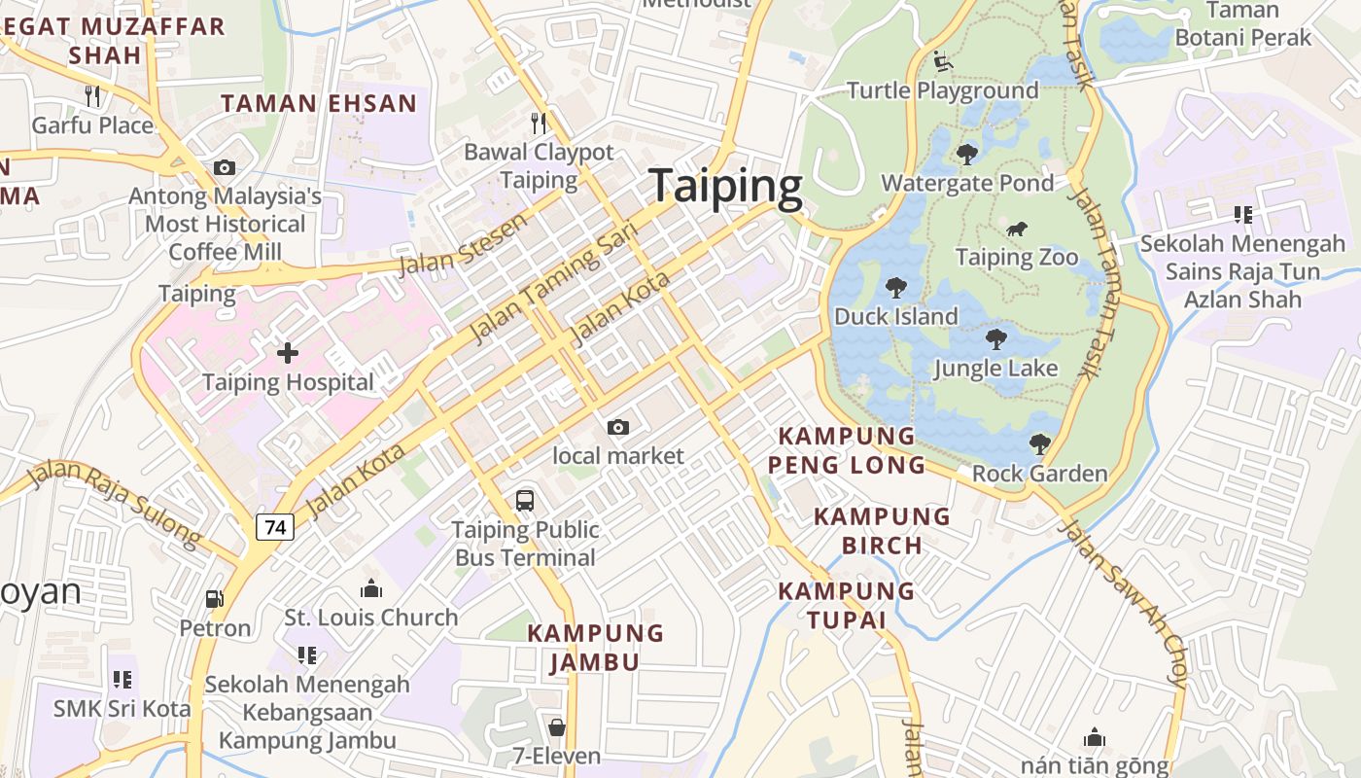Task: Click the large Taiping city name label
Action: click(725, 186)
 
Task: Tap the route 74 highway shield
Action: click(275, 527)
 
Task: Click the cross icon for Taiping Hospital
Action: click(288, 353)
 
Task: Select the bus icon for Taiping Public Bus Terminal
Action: click(525, 501)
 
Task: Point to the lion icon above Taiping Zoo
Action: click(1017, 230)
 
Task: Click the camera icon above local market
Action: click(617, 427)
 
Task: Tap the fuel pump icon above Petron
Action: click(215, 600)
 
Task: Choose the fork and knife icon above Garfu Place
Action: click(92, 95)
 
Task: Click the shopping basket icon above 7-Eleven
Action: click(557, 727)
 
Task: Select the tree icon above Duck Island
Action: click(895, 288)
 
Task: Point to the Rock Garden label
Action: click(1039, 474)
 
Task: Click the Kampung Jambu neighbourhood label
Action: click(582, 648)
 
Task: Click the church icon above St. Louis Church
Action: click(371, 588)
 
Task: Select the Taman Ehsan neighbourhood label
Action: click(319, 103)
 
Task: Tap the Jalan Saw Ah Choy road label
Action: click(1125, 603)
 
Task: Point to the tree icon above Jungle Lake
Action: click(995, 339)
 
